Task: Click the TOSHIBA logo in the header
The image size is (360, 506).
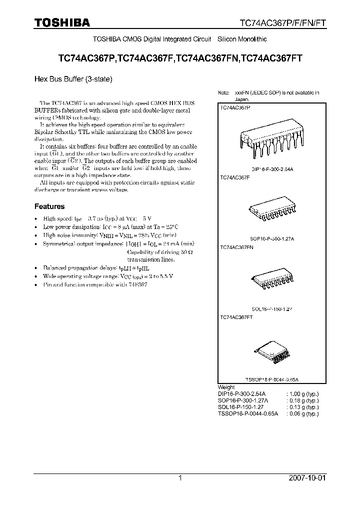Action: click(62, 23)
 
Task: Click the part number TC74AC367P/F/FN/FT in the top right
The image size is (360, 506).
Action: click(282, 23)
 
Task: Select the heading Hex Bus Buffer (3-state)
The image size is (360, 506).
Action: click(72, 78)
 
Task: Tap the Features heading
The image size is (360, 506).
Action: click(49, 206)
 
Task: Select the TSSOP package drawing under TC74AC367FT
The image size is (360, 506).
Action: click(271, 354)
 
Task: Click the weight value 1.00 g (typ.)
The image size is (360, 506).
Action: click(302, 394)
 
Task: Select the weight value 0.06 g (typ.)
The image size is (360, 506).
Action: click(302, 413)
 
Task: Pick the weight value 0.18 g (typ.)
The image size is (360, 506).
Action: click(302, 400)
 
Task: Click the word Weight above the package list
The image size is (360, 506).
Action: click(226, 387)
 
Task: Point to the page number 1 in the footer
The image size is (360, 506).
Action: click(179, 478)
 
